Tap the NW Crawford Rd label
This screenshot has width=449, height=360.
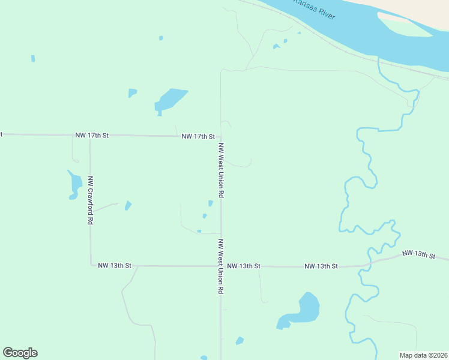[x=90, y=200]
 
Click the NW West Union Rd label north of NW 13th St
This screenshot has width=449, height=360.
[x=221, y=171]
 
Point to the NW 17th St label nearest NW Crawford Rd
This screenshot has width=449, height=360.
[x=92, y=136]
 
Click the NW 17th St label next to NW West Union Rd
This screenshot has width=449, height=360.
[x=198, y=137]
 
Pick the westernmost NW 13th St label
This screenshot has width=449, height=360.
[x=114, y=265]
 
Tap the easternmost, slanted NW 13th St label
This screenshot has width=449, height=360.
[x=418, y=254]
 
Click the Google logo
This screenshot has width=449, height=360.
[x=20, y=353]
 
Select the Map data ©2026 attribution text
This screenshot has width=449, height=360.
[x=423, y=355]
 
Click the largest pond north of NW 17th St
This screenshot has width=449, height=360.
[x=170, y=100]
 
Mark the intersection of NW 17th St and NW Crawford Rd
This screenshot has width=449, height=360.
[x=90, y=136]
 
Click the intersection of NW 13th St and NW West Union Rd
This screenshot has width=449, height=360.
[x=221, y=265]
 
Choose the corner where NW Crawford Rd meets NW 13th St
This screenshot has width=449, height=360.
[x=91, y=264]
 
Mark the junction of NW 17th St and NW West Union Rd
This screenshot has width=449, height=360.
[x=220, y=137]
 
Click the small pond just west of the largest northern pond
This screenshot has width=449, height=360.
[x=132, y=93]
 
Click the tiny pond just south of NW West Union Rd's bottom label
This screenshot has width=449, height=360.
[x=240, y=341]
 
